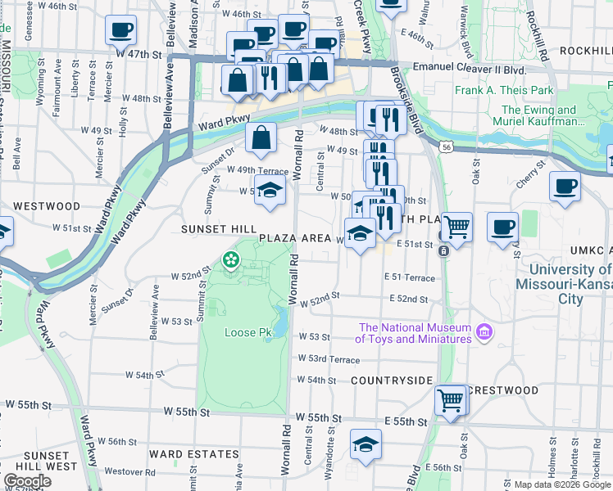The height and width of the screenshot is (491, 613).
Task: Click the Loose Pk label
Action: tap(247, 333)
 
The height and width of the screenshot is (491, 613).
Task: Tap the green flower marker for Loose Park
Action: tap(231, 261)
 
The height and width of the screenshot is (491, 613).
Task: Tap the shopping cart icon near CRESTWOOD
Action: tap(450, 399)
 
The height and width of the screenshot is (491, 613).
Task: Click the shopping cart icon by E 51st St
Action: tap(456, 225)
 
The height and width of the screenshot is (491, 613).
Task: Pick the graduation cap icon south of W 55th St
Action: tap(366, 444)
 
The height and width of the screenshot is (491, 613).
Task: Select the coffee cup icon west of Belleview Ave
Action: tap(121, 30)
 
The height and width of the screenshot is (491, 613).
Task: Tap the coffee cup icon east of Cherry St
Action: tap(565, 187)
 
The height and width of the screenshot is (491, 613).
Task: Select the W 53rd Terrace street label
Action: tap(329, 359)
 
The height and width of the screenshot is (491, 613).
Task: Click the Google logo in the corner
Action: tap(27, 481)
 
